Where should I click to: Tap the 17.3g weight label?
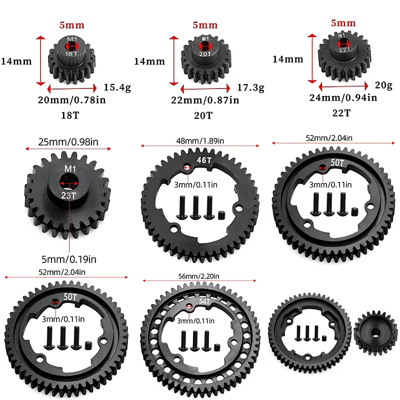pyautogui.click(x=251, y=87)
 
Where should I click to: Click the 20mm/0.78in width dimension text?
pyautogui.click(x=72, y=100)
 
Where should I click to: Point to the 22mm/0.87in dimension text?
pyautogui.click(x=205, y=100)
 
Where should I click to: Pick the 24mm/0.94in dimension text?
pyautogui.click(x=343, y=98)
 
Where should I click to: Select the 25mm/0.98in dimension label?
pyautogui.click(x=68, y=142)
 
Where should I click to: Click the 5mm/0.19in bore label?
pyautogui.click(x=69, y=259)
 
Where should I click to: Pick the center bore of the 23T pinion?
pyautogui.click(x=67, y=179)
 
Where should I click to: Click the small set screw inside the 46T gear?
pyautogui.click(x=220, y=216)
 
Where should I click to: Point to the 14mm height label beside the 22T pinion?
pyautogui.click(x=287, y=59)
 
